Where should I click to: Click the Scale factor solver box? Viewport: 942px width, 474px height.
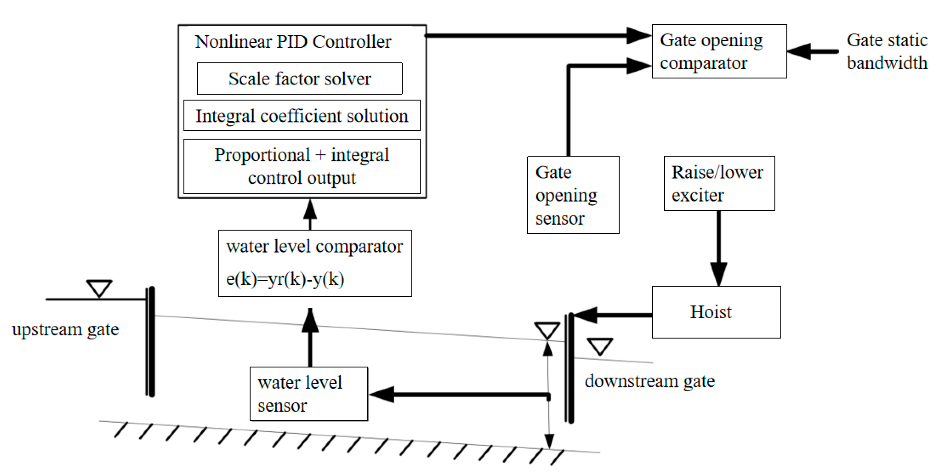(300, 78)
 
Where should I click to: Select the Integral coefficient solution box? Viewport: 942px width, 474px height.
(302, 116)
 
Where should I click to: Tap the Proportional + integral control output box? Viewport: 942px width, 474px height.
(302, 166)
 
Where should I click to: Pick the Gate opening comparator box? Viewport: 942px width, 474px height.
(719, 51)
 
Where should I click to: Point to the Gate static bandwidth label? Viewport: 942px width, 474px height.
(887, 52)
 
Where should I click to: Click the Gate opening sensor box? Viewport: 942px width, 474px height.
(573, 195)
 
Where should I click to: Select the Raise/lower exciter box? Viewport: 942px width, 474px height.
(719, 183)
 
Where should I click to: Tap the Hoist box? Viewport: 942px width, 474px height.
(716, 312)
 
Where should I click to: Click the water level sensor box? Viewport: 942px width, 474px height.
(309, 394)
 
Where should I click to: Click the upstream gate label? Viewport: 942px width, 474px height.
(65, 330)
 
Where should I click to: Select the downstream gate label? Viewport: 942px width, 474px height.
(649, 382)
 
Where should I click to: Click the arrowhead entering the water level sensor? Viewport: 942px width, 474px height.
(382, 395)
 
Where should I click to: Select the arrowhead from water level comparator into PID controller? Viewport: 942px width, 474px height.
(310, 209)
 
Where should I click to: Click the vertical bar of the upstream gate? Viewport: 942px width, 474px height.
(151, 342)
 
